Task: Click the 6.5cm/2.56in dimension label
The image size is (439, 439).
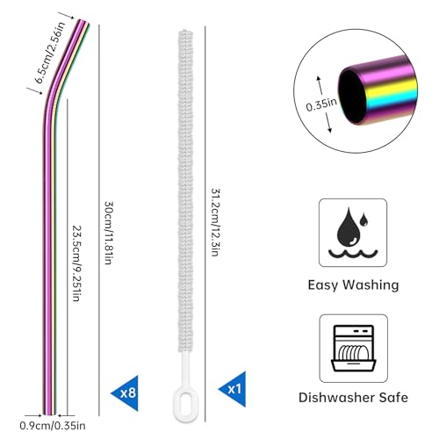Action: coord(50,53)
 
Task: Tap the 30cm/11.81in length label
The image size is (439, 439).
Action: coord(109,233)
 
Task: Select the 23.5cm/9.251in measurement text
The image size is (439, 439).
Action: coord(76,263)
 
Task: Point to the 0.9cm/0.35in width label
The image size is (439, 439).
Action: coord(53,426)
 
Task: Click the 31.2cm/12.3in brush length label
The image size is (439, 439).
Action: coord(215,222)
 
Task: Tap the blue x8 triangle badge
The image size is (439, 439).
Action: coord(126,392)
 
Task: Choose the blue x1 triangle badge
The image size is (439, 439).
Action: coord(234,389)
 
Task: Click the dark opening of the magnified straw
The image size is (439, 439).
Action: coord(352,97)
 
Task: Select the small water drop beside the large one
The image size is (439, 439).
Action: coord(363,219)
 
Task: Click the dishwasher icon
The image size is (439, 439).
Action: coord(354,348)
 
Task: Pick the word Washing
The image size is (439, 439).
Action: coord(371,285)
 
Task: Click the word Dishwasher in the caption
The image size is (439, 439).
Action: coord(336,398)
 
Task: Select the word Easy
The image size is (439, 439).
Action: coord(323,285)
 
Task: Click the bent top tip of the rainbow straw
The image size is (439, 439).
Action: coord(84,22)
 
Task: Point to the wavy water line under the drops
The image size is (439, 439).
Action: coord(353,254)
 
